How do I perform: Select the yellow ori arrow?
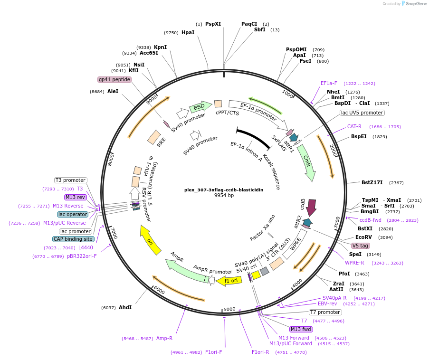[x=150, y=240]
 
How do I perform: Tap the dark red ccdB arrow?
[x=311, y=207]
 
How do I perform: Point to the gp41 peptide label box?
[x=114, y=79]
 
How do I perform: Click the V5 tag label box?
[x=360, y=246]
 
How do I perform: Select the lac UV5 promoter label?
[x=362, y=113]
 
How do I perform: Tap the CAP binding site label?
[x=73, y=239]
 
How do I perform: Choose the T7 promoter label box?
[x=325, y=312]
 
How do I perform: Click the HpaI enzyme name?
[x=188, y=33]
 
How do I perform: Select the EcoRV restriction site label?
[x=363, y=237]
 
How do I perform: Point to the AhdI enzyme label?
[x=125, y=307]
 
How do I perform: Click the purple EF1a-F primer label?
[x=329, y=83]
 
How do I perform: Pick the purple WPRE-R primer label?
[x=354, y=263]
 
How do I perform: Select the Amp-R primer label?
[x=164, y=338]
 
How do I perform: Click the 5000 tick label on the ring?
[x=229, y=309]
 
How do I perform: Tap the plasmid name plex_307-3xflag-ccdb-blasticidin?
[x=224, y=189]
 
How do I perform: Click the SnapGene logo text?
[x=416, y=4]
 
